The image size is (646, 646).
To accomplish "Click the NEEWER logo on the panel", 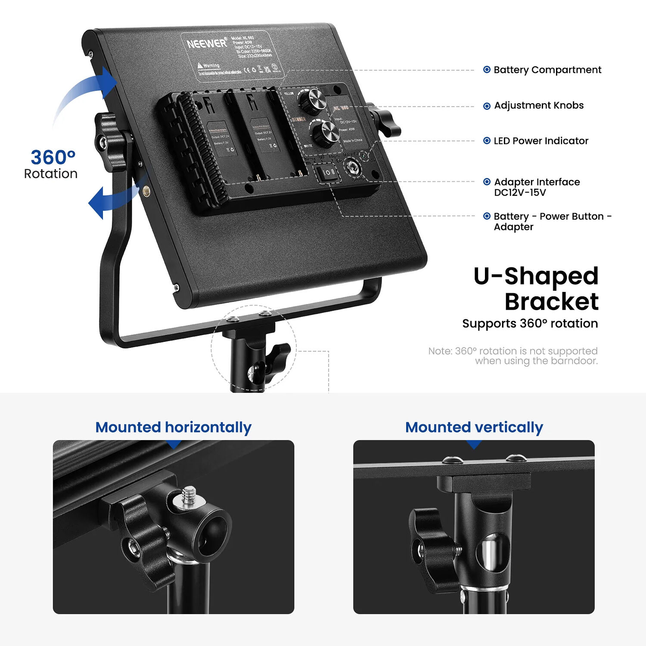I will tap(206, 43).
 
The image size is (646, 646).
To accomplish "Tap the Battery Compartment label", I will tap(547, 70).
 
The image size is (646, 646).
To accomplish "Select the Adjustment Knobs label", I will tap(538, 106).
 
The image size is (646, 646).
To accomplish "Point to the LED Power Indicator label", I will tap(540, 141).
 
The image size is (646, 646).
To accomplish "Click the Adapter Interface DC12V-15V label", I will tap(537, 187).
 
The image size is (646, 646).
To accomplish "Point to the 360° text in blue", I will tap(53, 158).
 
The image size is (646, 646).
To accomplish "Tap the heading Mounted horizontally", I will tap(173, 427).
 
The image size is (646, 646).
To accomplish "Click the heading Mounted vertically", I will tap(474, 427).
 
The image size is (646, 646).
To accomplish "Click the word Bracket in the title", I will tap(551, 301).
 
